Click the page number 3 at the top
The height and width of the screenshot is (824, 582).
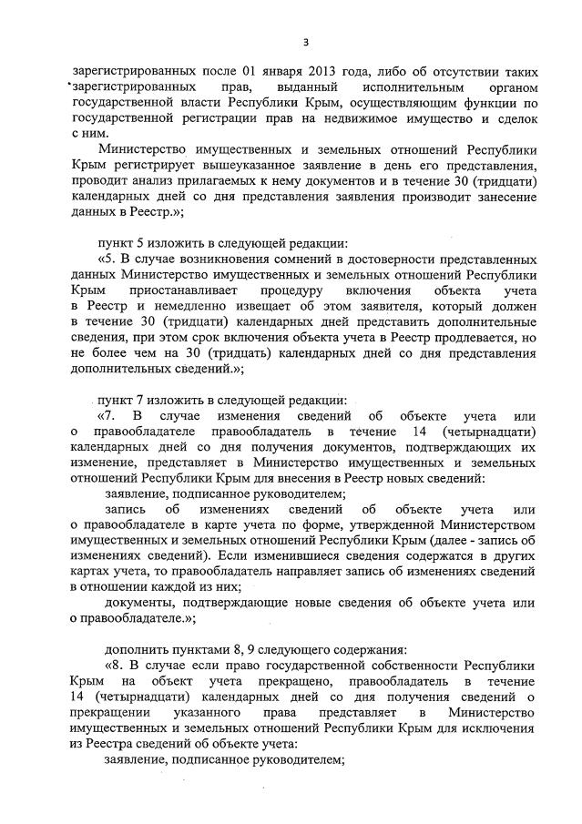pos(307,42)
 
